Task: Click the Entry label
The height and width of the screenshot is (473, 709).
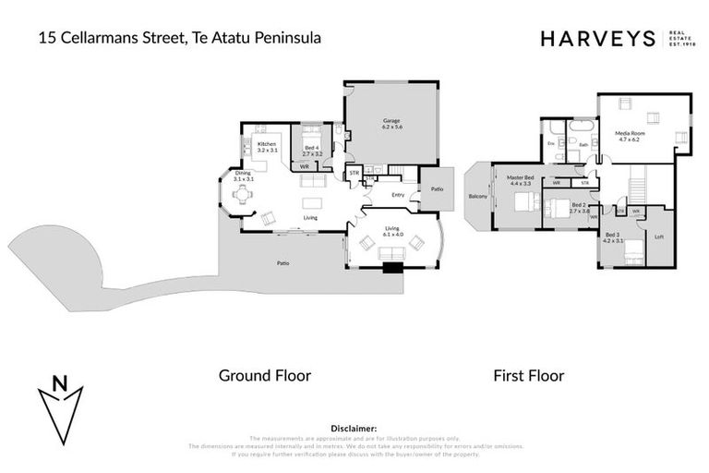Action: [398, 195]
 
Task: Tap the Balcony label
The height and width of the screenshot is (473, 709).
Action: [477, 196]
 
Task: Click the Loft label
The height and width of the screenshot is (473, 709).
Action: [658, 237]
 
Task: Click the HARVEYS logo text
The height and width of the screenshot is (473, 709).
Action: [597, 39]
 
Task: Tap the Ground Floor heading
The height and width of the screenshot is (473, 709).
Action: [264, 375]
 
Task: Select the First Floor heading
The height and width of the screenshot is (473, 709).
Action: [529, 375]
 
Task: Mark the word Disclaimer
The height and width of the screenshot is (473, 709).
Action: [354, 429]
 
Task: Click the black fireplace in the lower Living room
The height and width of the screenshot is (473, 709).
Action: [392, 269]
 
